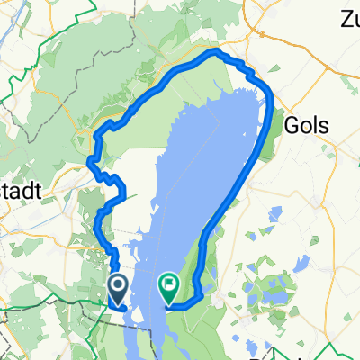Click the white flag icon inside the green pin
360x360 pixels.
pyautogui.click(x=169, y=286)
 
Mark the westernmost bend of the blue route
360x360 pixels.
pyautogui.click(x=90, y=162)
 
